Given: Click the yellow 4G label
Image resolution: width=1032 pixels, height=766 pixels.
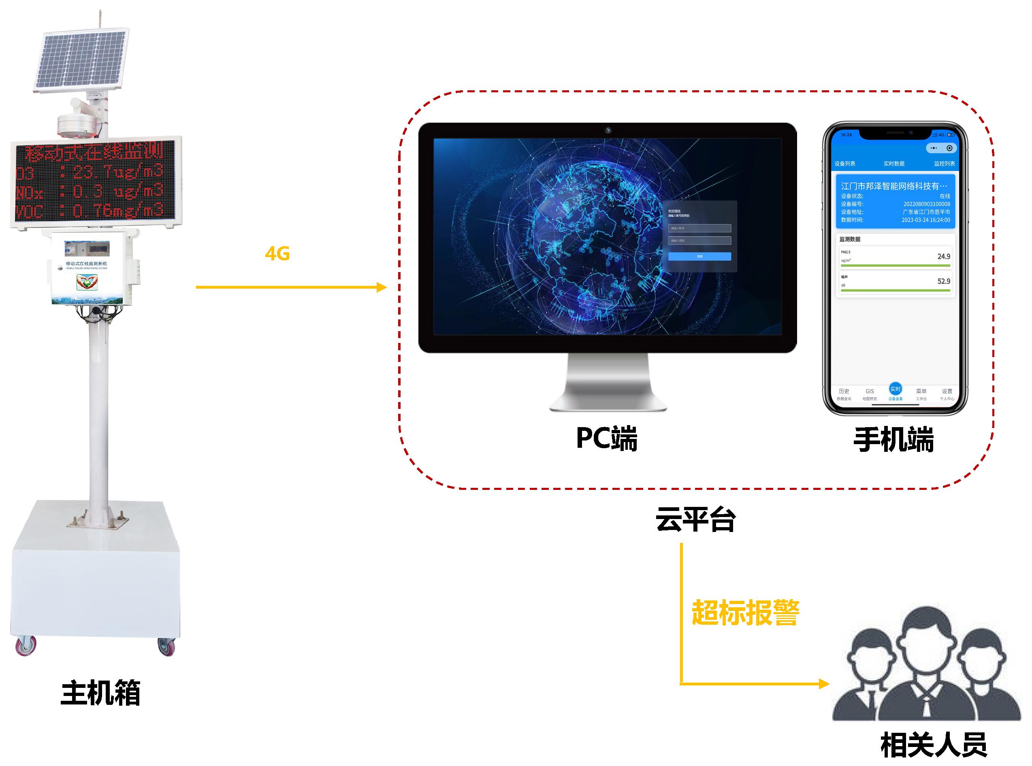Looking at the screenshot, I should pyautogui.click(x=277, y=253).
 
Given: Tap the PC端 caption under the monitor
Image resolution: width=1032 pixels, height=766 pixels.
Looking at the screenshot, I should pyautogui.click(x=607, y=438).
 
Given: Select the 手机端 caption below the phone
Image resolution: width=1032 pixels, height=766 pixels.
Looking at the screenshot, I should pyautogui.click(x=894, y=440).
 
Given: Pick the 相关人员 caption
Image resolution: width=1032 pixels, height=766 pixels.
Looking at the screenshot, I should pyautogui.click(x=933, y=745).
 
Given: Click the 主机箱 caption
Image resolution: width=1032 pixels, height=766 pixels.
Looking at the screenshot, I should pyautogui.click(x=101, y=693).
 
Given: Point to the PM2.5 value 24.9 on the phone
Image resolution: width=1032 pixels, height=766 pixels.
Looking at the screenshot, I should pyautogui.click(x=943, y=256).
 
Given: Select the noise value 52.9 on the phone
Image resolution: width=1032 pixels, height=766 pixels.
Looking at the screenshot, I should pyautogui.click(x=943, y=281).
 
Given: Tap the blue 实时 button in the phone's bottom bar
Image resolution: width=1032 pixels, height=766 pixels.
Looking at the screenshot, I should pyautogui.click(x=895, y=389).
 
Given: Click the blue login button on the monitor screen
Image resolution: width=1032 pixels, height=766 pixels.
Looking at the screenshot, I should pyautogui.click(x=699, y=256).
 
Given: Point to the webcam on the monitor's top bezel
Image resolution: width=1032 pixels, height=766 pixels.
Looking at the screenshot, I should pyautogui.click(x=608, y=130).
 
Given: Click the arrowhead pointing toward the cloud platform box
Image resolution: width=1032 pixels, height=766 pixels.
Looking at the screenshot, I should pyautogui.click(x=381, y=287).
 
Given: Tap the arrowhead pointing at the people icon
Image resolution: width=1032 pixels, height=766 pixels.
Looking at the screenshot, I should pyautogui.click(x=824, y=683).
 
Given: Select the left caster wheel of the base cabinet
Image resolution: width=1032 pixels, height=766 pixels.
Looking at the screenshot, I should pyautogui.click(x=26, y=645).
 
